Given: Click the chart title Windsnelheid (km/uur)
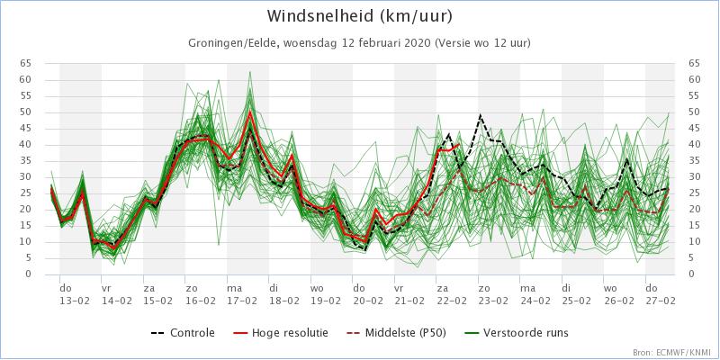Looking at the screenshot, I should (360, 17).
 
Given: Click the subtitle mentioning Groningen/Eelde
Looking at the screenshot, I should (359, 43).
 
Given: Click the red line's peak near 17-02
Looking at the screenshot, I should (250, 112).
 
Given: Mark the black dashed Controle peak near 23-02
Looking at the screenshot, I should (481, 115).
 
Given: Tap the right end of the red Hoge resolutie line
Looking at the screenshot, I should (459, 144).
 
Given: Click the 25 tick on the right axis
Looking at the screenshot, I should (693, 193).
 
